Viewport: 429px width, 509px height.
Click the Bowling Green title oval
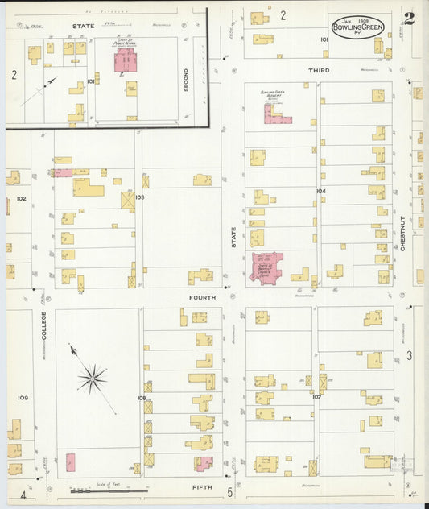357,27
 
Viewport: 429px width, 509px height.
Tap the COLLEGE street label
44,325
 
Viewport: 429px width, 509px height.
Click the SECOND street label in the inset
186,79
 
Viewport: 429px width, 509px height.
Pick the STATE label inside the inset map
83,26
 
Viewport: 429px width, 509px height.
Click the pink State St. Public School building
125,60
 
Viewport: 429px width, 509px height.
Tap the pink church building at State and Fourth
266,269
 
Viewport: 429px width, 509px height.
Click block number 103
139,197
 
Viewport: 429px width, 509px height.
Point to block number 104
321,191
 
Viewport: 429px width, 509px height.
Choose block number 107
317,397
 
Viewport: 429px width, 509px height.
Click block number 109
23,398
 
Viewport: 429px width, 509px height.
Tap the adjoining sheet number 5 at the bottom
229,492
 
